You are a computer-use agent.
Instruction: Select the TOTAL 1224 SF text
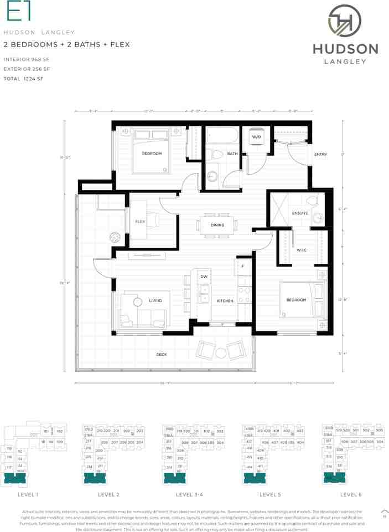(x=23, y=79)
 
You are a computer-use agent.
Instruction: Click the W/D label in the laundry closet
(x=257, y=137)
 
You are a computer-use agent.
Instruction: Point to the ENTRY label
(x=320, y=155)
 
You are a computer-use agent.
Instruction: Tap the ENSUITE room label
(x=300, y=213)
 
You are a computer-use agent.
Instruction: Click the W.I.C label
(x=301, y=249)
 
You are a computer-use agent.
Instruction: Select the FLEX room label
(x=140, y=222)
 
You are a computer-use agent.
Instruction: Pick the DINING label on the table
(x=217, y=225)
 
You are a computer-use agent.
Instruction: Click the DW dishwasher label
(x=204, y=277)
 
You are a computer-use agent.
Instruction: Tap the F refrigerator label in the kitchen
(x=242, y=266)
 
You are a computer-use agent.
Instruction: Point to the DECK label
(x=162, y=355)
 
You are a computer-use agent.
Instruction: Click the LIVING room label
(x=155, y=301)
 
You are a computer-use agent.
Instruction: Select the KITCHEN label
(x=225, y=301)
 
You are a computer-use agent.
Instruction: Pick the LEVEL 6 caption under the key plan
(x=351, y=494)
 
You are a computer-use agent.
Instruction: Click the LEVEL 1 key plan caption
(x=29, y=494)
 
